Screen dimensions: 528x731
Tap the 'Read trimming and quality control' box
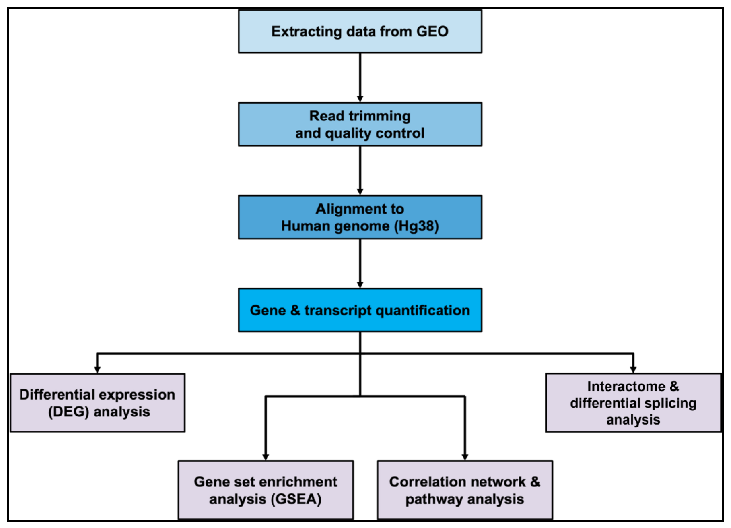(360, 124)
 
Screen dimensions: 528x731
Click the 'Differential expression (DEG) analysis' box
(97, 403)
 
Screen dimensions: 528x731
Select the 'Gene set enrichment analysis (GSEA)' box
(266, 490)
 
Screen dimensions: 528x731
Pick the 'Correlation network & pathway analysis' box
(465, 490)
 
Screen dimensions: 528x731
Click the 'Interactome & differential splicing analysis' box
(633, 403)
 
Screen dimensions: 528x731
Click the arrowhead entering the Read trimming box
(360, 99)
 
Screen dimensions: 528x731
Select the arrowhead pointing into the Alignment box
(360, 192)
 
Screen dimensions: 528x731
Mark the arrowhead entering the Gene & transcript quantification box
(360, 285)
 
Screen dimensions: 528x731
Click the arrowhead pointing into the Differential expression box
(97, 370)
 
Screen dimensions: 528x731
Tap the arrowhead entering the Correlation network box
(465, 457)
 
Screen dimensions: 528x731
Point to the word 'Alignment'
(343, 209)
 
